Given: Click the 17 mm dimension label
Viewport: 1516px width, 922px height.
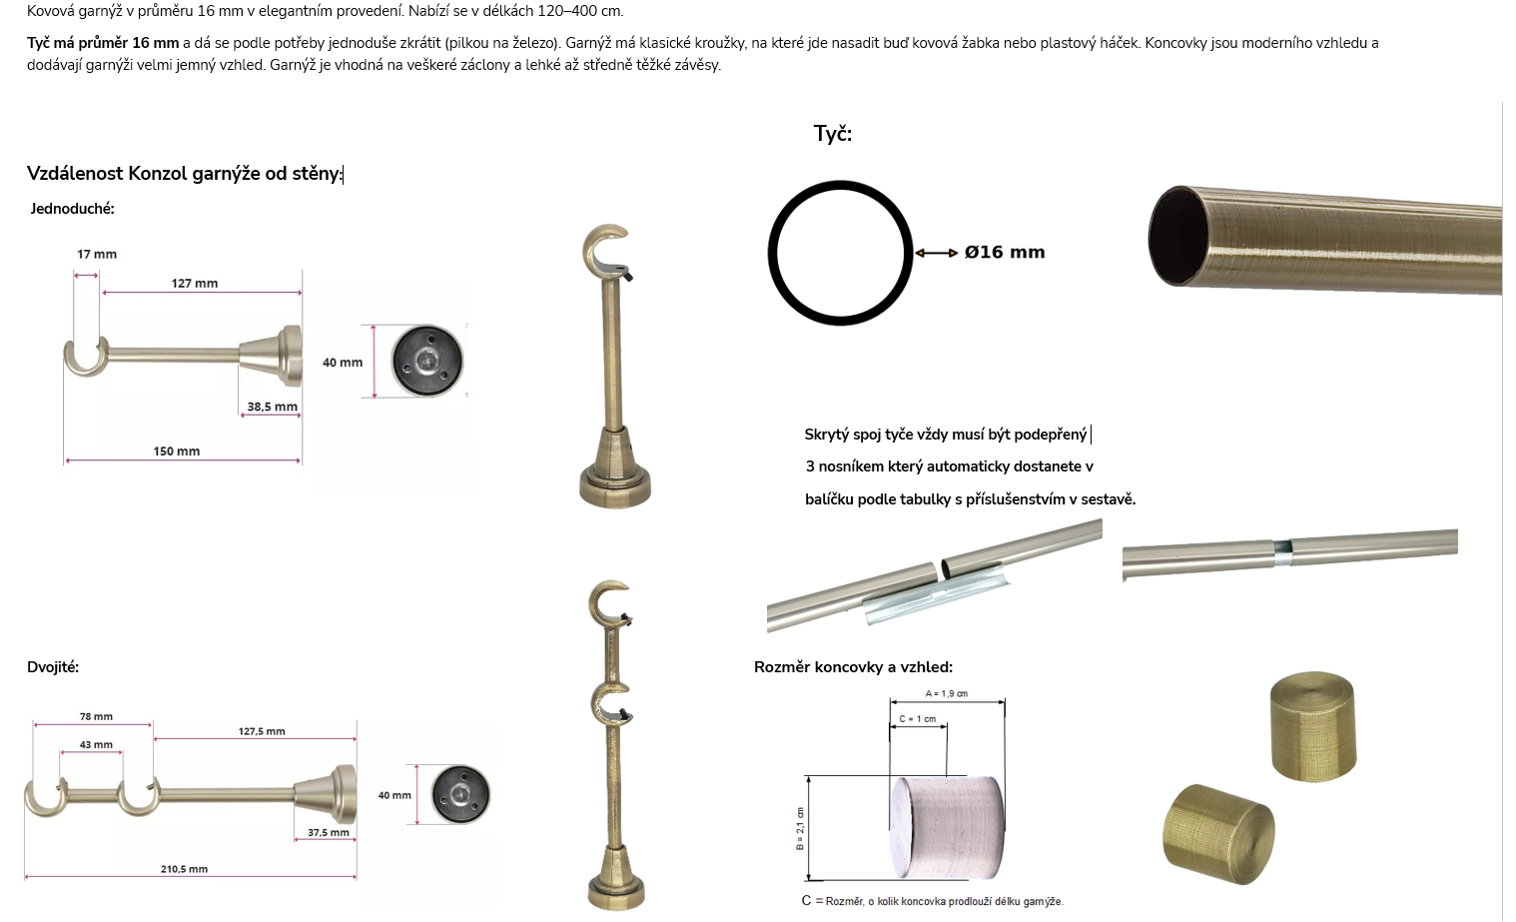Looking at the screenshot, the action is click(97, 255).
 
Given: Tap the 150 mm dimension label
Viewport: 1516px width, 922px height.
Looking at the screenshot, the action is click(177, 452).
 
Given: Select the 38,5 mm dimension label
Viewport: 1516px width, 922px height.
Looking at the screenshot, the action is click(272, 407).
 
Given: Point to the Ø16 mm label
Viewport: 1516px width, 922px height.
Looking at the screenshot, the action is click(1005, 253).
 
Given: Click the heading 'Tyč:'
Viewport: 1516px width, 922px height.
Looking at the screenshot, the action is click(833, 134).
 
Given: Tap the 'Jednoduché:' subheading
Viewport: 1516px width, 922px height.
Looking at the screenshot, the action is click(73, 209).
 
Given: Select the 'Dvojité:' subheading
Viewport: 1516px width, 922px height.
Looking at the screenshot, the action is click(53, 667).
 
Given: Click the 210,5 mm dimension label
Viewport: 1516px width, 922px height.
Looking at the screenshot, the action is click(184, 869).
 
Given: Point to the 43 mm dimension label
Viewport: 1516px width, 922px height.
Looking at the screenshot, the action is click(96, 744).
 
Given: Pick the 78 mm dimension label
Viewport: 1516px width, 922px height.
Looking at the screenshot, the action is click(96, 716).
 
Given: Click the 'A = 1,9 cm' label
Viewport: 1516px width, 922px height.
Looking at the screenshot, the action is click(946, 694).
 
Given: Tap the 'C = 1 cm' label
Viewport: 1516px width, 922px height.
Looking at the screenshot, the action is click(918, 719).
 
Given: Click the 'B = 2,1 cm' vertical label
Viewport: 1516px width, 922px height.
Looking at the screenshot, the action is click(801, 828).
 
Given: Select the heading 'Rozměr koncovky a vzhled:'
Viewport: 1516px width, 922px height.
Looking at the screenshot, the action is click(854, 667).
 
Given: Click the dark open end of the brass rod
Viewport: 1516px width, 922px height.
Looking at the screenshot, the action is click(1178, 236).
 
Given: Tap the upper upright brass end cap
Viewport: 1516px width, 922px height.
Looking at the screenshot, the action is click(1313, 726).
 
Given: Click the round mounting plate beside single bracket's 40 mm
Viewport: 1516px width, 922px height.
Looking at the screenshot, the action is click(427, 361).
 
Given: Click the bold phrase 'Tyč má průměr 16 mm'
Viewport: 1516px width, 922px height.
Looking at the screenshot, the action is click(103, 43).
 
